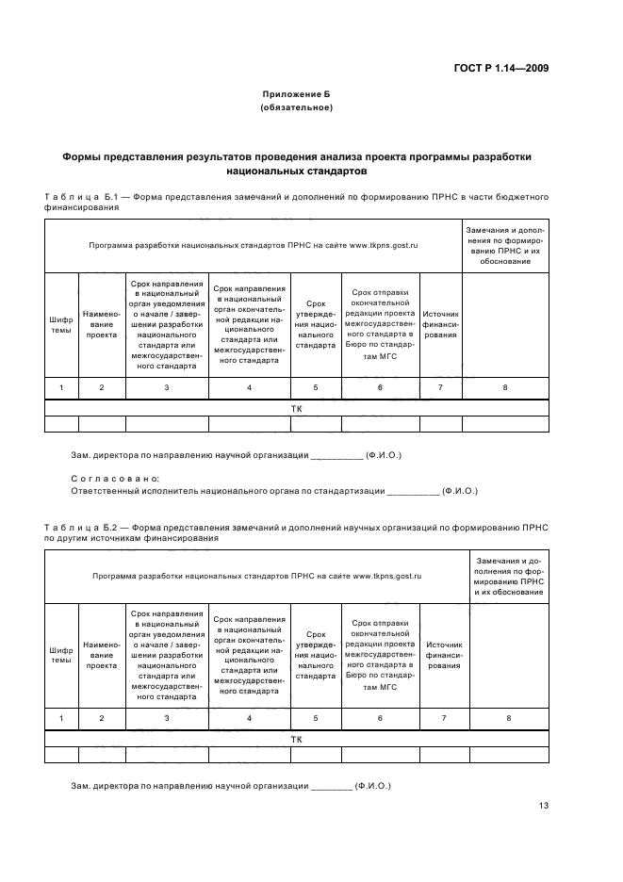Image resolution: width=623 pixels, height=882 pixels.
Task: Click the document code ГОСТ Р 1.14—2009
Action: pyautogui.click(x=503, y=68)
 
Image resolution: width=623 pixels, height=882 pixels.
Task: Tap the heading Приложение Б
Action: pyautogui.click(x=296, y=94)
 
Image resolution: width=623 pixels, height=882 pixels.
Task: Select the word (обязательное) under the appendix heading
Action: pyautogui.click(x=296, y=107)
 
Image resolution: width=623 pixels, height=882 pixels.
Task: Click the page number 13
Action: pyautogui.click(x=544, y=806)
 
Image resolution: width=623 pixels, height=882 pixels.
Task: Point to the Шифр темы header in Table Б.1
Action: pyautogui.click(x=61, y=324)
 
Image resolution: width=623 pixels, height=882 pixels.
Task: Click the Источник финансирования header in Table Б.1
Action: pyautogui.click(x=440, y=324)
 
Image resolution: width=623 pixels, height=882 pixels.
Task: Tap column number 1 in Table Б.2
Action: pyautogui.click(x=61, y=718)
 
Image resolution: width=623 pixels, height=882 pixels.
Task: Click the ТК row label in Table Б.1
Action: pyautogui.click(x=296, y=408)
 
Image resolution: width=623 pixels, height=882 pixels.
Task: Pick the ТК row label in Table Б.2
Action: pyautogui.click(x=296, y=739)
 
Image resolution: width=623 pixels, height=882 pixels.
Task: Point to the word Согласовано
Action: pyautogui.click(x=115, y=479)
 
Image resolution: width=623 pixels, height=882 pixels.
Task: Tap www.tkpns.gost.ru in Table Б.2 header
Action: pyautogui.click(x=386, y=575)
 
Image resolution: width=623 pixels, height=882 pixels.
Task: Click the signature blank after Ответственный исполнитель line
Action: pyautogui.click(x=413, y=492)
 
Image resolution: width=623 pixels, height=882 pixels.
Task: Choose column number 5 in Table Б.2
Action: pyautogui.click(x=316, y=718)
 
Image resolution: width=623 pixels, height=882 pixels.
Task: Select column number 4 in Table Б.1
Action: pyautogui.click(x=249, y=387)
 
